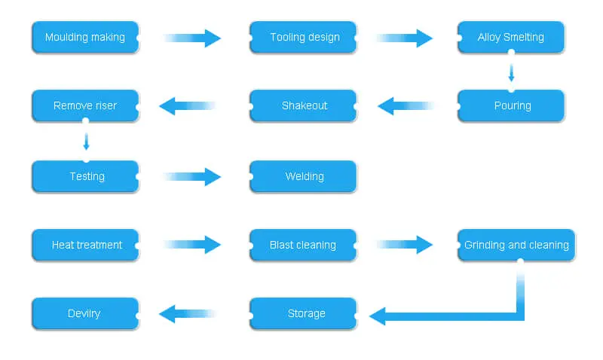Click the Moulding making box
coord(85,37)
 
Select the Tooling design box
coord(304,37)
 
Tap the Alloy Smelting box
coord(511,37)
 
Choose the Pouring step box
coord(511,106)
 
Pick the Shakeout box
coord(304,106)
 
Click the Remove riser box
coord(85,106)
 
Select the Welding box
coord(304,176)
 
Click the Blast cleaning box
coord(304,245)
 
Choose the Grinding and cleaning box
coord(516,245)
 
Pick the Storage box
coord(304,313)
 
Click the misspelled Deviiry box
coord(85,313)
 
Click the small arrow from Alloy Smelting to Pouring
coord(511,72)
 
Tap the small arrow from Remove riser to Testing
coord(86,141)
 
